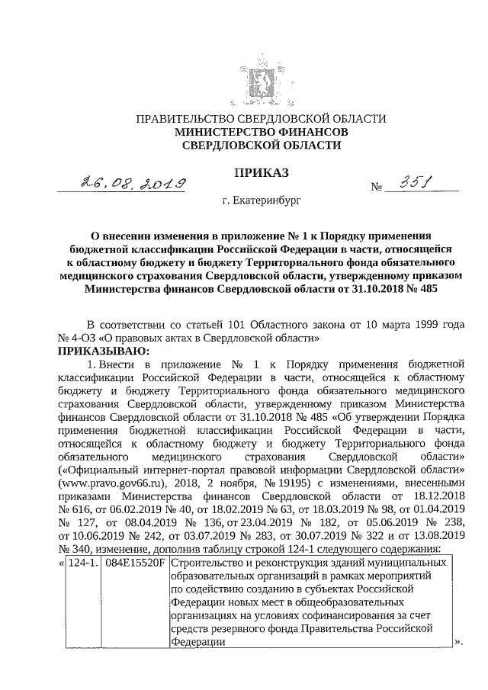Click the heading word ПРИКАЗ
click(x=261, y=174)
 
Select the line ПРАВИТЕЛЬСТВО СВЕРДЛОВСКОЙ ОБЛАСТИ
click(x=261, y=118)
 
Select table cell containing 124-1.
click(x=85, y=562)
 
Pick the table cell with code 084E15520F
click(x=135, y=562)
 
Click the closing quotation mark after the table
click(x=459, y=643)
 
